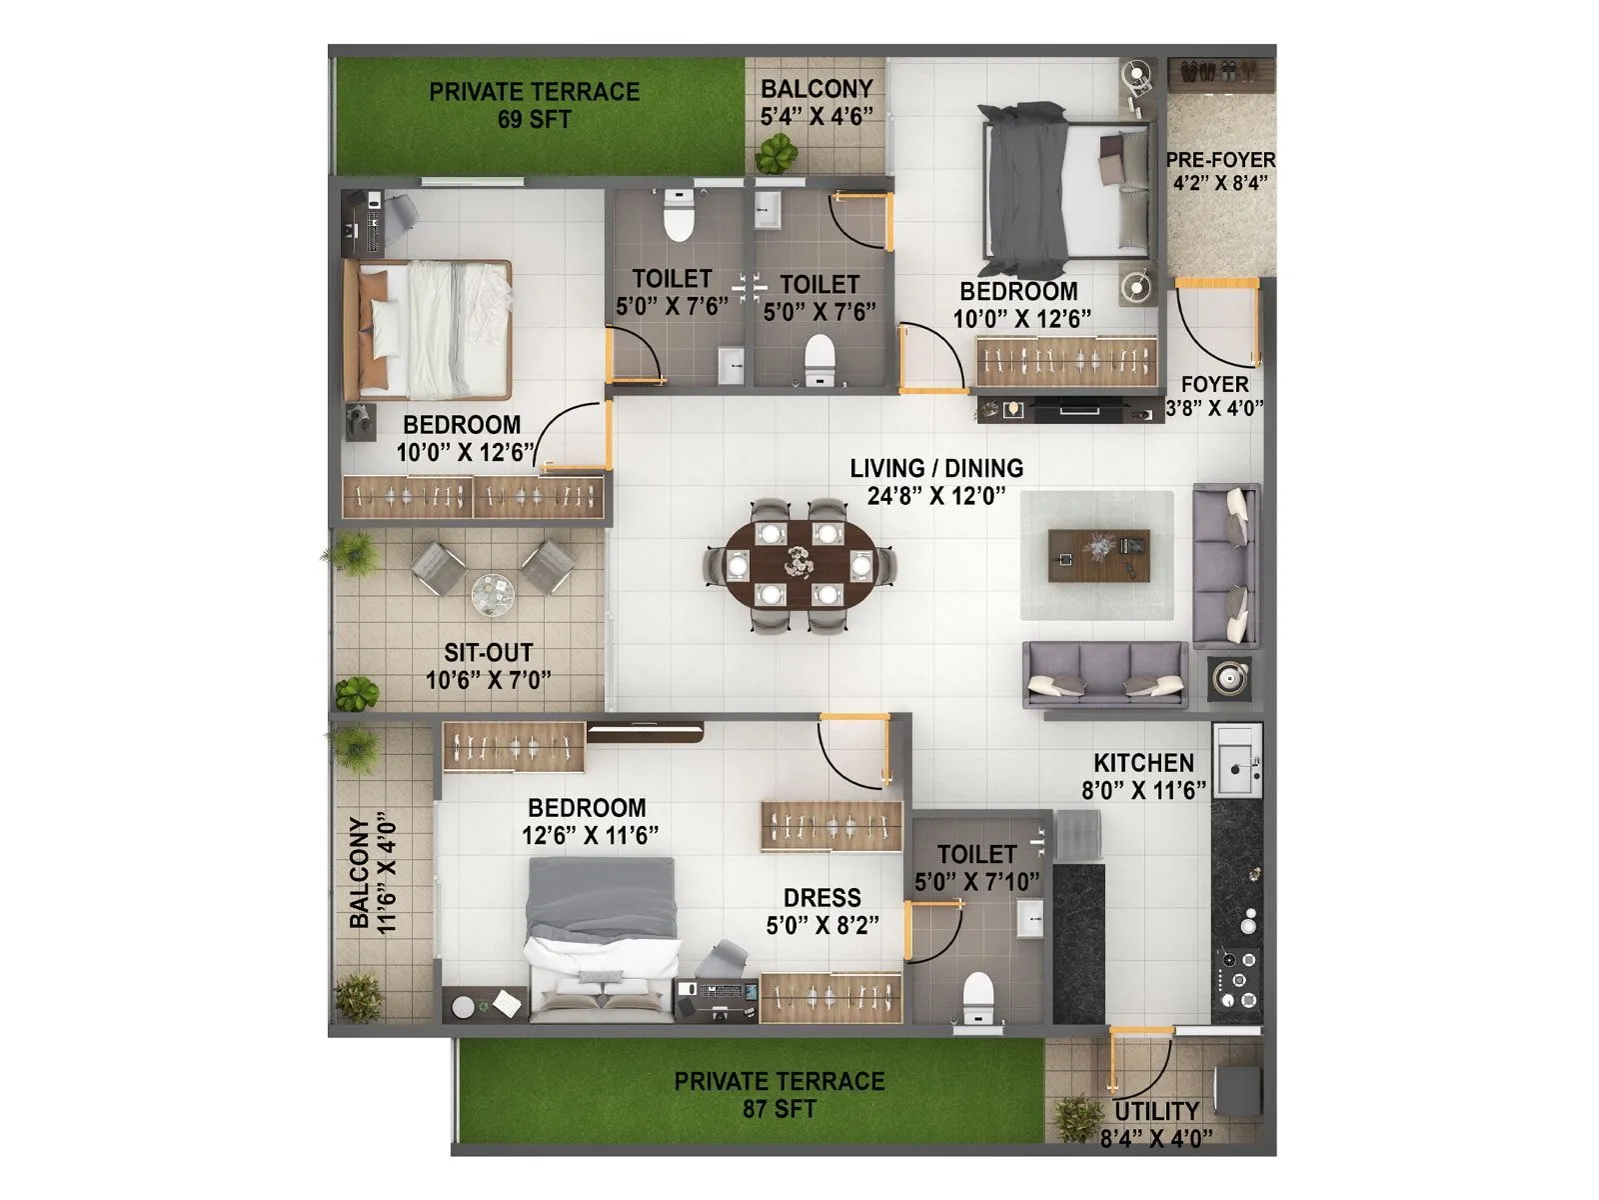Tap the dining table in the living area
pos(799,565)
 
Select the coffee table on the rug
pos(1098,556)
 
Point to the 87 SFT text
pos(779,1109)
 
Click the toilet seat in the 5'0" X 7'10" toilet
pos(977,996)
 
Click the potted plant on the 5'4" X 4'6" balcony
pos(777,153)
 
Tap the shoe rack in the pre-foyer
pos(1219,72)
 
